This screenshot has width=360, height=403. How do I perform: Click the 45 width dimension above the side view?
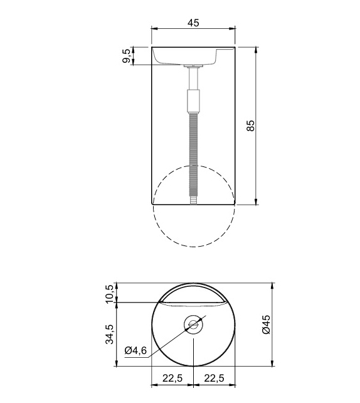coord(193,23)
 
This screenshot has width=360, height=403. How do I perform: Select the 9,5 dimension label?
coord(127,56)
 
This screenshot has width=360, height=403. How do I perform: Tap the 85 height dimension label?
coord(250,126)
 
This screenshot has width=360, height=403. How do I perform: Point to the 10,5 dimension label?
coord(110,294)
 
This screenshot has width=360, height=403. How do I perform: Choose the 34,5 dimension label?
coord(110,335)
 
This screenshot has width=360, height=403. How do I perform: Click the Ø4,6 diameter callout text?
coord(135,351)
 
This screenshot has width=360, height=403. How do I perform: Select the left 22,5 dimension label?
coord(172,379)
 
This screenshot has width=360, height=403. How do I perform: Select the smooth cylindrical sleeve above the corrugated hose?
coord(194,100)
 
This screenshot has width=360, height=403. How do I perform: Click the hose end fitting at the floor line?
coord(194,200)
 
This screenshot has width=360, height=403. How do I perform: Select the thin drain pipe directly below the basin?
coord(194,78)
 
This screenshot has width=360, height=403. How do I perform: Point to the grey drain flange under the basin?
coord(194,65)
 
